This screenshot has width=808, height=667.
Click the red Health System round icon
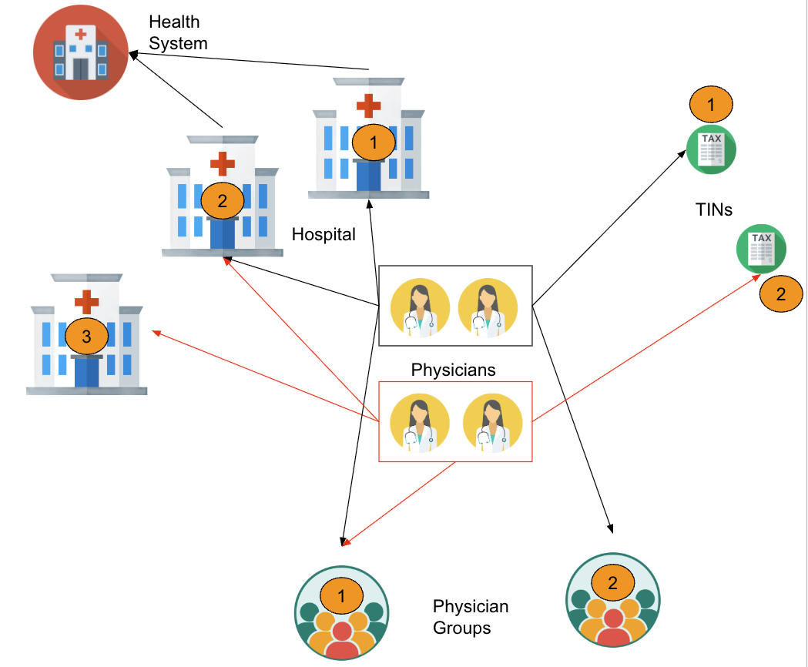pyautogui.click(x=81, y=52)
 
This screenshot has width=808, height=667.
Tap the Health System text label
pyautogui.click(x=178, y=33)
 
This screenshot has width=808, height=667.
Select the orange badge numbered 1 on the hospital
pyautogui.click(x=374, y=142)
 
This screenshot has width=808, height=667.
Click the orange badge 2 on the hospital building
pyautogui.click(x=223, y=201)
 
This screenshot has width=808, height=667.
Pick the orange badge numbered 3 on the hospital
pyautogui.click(x=86, y=336)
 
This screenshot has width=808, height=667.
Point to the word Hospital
pyautogui.click(x=324, y=234)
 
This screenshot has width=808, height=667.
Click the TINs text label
pyautogui.click(x=713, y=208)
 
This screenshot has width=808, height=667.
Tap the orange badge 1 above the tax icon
pyautogui.click(x=712, y=104)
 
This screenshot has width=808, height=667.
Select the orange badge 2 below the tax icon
pyautogui.click(x=781, y=293)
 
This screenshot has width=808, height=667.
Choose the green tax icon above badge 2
pyautogui.click(x=761, y=248)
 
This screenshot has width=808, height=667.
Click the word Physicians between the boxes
pyautogui.click(x=453, y=370)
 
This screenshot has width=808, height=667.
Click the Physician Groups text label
pyautogui.click(x=471, y=617)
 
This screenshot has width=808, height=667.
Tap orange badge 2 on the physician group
pyautogui.click(x=613, y=583)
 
